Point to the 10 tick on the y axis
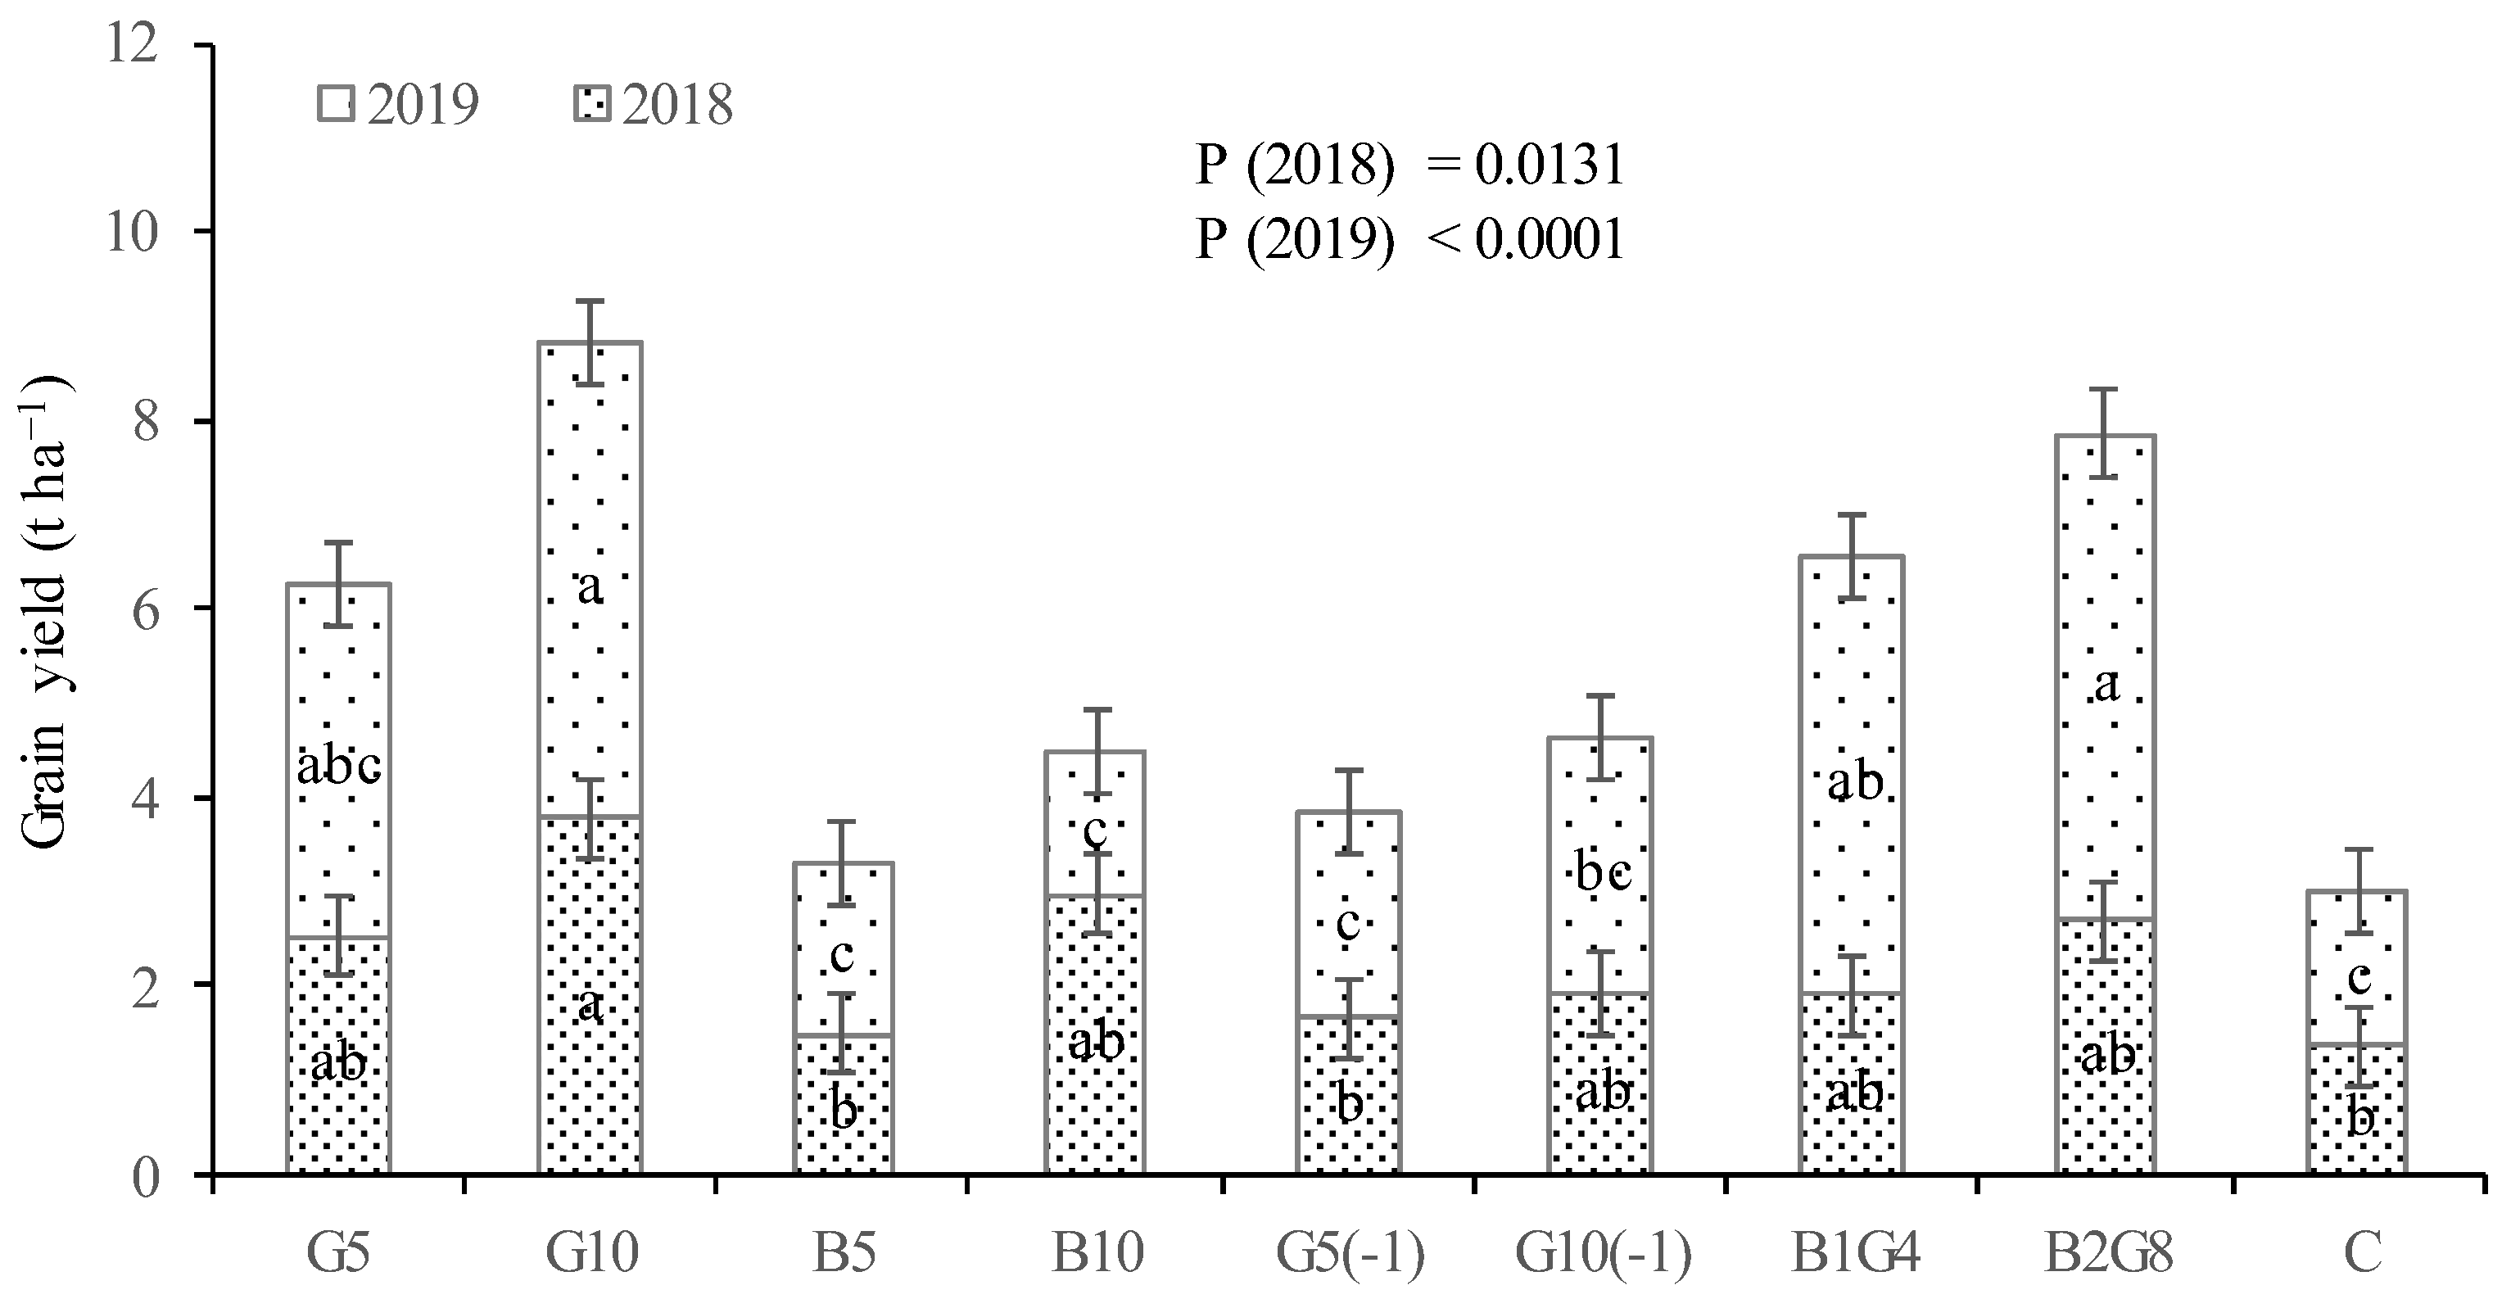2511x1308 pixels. (x=133, y=232)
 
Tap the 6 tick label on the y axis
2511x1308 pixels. (x=144, y=609)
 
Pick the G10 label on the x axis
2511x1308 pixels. (x=590, y=1253)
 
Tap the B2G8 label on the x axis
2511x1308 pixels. (x=2107, y=1253)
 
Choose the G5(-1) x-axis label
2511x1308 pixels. (x=1350, y=1253)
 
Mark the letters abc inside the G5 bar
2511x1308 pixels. (x=338, y=768)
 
